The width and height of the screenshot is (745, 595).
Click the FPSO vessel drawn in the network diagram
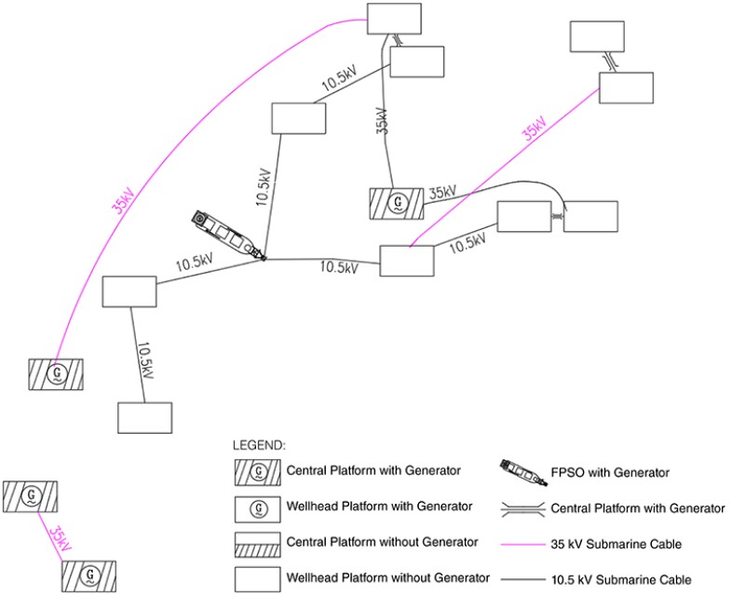(226, 234)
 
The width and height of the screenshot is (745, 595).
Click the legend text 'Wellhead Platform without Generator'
(386, 578)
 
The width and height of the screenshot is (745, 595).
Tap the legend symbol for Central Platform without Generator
(258, 543)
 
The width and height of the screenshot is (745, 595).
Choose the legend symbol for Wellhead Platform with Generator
(258, 507)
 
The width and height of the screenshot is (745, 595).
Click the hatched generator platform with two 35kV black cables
(397, 202)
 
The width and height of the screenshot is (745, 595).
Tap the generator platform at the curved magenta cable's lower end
(55, 373)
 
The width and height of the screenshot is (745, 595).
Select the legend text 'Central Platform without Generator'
(383, 543)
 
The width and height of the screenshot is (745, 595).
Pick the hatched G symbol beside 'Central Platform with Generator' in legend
(258, 472)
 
